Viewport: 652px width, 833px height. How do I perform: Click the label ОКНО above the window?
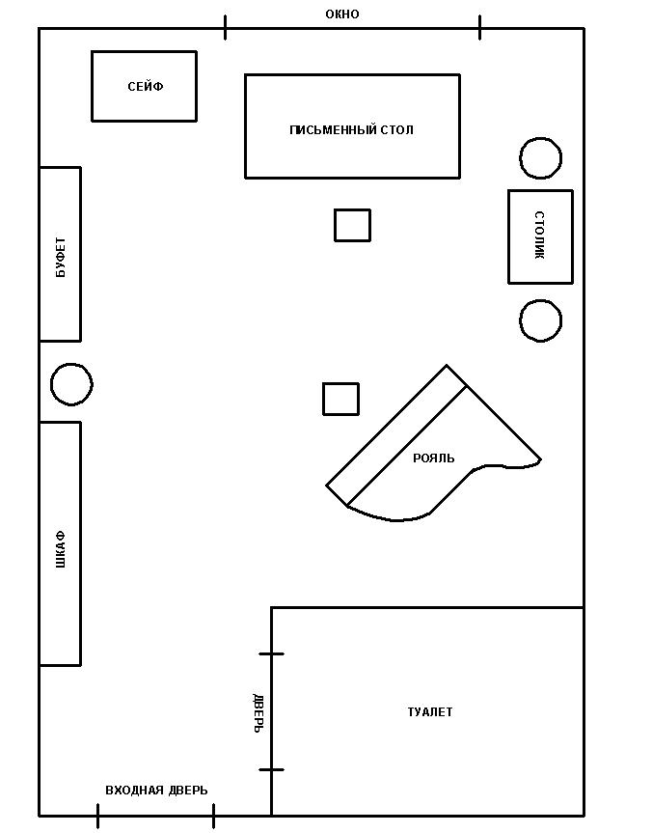(342, 14)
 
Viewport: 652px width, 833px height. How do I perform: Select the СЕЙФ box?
(144, 86)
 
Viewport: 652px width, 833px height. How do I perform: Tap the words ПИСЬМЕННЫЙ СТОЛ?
(351, 129)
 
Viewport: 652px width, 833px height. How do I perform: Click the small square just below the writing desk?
(353, 225)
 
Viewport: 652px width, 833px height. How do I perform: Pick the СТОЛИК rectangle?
(540, 236)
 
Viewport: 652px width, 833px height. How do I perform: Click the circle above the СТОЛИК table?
(540, 158)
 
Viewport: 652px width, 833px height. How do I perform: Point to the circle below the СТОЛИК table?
(540, 320)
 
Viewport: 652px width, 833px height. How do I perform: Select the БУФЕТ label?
(61, 257)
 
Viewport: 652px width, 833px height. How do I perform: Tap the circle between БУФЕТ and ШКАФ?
(71, 384)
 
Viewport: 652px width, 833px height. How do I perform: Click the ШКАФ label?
(61, 549)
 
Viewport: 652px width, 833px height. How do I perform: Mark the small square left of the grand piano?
(340, 399)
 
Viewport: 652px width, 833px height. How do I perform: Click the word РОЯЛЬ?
(434, 458)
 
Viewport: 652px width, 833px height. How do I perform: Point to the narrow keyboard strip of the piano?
(396, 435)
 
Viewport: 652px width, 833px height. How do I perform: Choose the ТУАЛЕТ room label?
(430, 712)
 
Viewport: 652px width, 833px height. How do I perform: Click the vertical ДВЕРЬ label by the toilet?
(258, 713)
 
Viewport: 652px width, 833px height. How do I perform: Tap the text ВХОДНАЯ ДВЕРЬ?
(156, 791)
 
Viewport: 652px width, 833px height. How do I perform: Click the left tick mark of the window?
(225, 28)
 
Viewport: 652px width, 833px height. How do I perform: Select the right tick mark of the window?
(480, 28)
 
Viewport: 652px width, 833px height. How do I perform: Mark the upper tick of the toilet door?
(271, 654)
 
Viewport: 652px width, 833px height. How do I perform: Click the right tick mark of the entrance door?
(213, 816)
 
